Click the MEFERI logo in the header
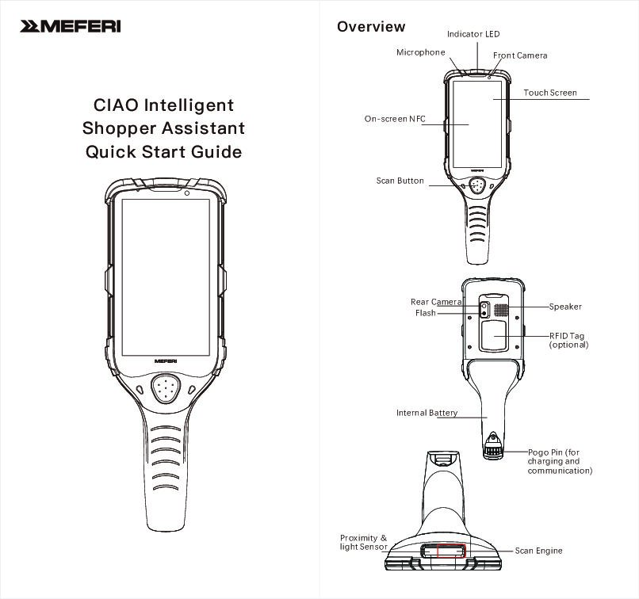pyautogui.click(x=71, y=27)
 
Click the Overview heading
pyautogui.click(x=371, y=27)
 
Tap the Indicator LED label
pyautogui.click(x=473, y=35)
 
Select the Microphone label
pyautogui.click(x=421, y=52)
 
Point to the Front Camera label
pyautogui.click(x=520, y=56)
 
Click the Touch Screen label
pyautogui.click(x=550, y=93)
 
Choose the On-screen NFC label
pyautogui.click(x=395, y=120)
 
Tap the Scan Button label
pyautogui.click(x=400, y=181)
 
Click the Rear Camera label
pyautogui.click(x=436, y=302)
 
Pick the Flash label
pyautogui.click(x=426, y=314)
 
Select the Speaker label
pyautogui.click(x=565, y=307)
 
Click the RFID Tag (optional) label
pyautogui.click(x=568, y=341)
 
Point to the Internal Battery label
pyautogui.click(x=427, y=413)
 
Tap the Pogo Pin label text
pyautogui.click(x=560, y=461)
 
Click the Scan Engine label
pyautogui.click(x=538, y=551)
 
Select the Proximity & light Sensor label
pyautogui.click(x=364, y=543)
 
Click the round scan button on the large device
pyautogui.click(x=166, y=389)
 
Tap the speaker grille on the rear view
pyautogui.click(x=501, y=307)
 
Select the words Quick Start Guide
pyautogui.click(x=163, y=151)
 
